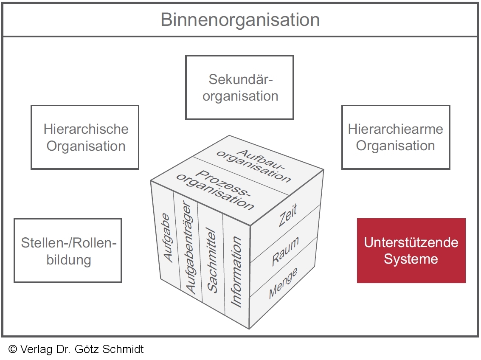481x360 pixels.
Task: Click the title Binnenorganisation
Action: (240, 20)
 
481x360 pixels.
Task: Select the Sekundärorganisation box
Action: (240, 87)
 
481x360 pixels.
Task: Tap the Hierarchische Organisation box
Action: (85, 138)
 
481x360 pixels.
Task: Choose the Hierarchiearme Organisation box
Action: (396, 138)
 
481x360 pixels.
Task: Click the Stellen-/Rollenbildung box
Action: (68, 251)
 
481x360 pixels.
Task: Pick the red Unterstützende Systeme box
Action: (411, 250)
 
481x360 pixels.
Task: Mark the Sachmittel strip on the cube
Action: (212, 261)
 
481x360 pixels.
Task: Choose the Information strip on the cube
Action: (236, 272)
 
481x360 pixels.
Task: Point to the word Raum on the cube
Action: (285, 252)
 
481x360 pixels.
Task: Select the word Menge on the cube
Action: (283, 284)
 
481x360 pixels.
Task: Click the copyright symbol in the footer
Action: (12, 349)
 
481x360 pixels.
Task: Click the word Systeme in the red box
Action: (411, 259)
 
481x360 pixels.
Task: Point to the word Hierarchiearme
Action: (396, 129)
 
